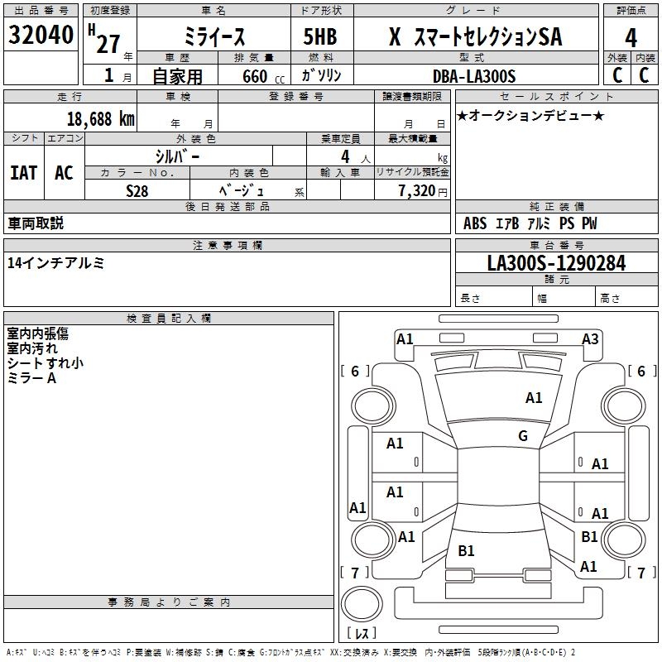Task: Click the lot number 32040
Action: (41, 35)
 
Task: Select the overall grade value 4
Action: (631, 38)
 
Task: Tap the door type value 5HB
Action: (320, 36)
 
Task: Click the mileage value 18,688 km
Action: (101, 119)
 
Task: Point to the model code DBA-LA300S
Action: (474, 76)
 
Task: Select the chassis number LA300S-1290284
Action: (556, 263)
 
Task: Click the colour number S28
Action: (137, 191)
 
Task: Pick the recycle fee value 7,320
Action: (417, 191)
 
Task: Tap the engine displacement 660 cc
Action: (263, 77)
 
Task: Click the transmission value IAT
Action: (24, 173)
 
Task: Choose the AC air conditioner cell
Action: (64, 173)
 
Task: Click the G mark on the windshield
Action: (523, 436)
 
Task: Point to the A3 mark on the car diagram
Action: (590, 339)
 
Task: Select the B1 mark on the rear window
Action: (466, 550)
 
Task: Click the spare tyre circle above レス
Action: (362, 604)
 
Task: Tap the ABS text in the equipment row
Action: (475, 223)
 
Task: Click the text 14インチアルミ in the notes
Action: (55, 263)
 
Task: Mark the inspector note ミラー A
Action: (31, 378)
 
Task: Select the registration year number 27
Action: (108, 44)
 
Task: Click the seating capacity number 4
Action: (345, 156)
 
